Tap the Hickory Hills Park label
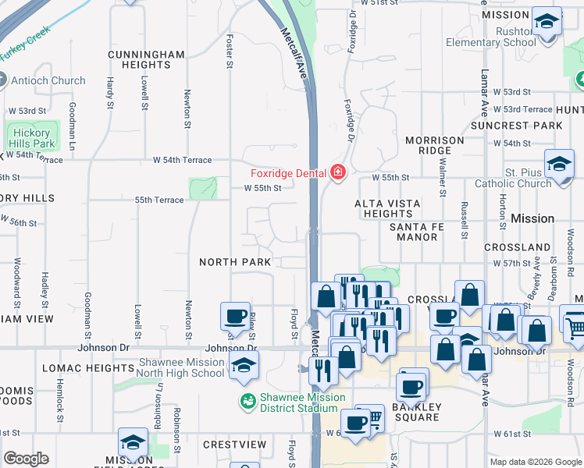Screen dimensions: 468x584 pos(32,138)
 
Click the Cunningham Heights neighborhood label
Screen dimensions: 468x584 pos(146,59)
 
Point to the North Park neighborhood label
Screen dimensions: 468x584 pos(235,262)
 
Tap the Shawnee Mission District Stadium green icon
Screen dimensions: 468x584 pos(247,402)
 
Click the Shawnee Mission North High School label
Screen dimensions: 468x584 pos(181,367)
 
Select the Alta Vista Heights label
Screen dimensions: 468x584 pos(387,208)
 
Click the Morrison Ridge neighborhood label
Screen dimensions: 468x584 pos(435,145)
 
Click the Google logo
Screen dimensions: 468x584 pos(26,459)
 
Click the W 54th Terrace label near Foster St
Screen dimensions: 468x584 pos(182,160)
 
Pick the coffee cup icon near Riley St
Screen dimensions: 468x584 pos(235,317)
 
